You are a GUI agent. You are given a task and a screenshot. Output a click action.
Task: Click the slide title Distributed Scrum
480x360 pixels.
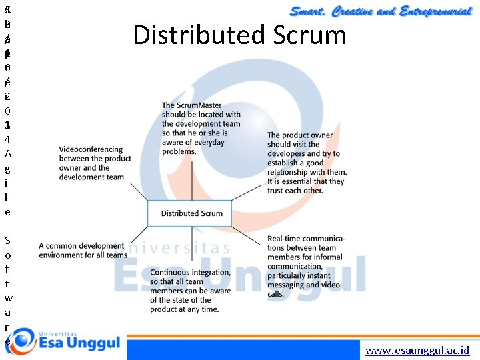pos(240,35)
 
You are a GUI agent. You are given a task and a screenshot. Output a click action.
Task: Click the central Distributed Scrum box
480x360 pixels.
pos(191,213)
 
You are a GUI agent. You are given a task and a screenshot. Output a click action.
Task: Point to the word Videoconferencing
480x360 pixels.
pos(91,150)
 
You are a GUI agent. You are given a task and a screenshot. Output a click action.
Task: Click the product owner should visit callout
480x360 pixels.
pos(307,163)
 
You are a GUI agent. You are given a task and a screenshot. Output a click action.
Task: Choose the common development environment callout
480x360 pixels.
pos(83,251)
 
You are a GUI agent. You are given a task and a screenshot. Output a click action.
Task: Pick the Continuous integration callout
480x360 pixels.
pos(190,291)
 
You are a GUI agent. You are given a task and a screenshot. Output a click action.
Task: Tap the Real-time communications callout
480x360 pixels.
pos(306,266)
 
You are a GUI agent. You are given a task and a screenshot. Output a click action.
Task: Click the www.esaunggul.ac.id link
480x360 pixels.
pos(417,350)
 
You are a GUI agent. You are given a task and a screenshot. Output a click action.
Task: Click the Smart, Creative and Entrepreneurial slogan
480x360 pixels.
pos(381,11)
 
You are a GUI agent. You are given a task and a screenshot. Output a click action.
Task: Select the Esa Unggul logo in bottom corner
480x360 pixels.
pos(63,343)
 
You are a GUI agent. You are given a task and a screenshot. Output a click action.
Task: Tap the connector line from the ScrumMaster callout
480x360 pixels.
pos(192,179)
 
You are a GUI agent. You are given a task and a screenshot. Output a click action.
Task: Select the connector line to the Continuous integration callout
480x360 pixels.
pos(191,246)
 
